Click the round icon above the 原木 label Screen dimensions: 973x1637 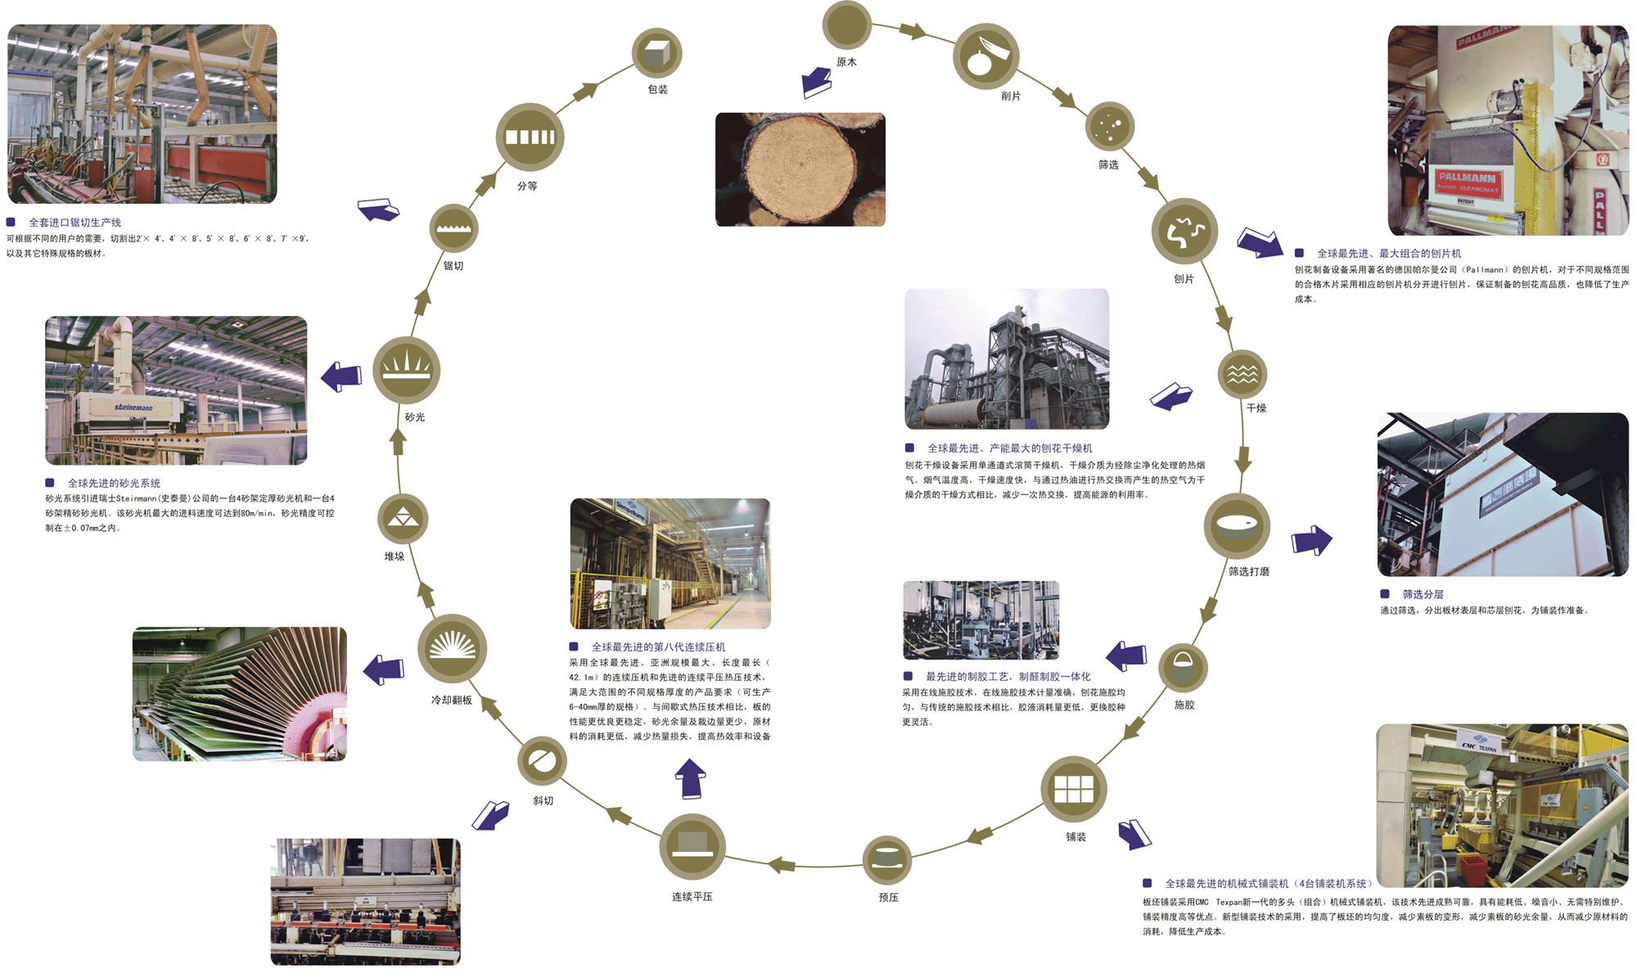click(x=846, y=25)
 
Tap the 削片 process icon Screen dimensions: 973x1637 click(x=985, y=56)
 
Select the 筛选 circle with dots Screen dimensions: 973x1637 click(x=1109, y=126)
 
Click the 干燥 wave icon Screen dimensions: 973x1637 click(x=1242, y=374)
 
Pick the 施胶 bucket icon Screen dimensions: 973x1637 click(x=1184, y=667)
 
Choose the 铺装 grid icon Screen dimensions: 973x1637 click(x=1074, y=789)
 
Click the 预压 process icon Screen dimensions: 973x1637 click(x=887, y=859)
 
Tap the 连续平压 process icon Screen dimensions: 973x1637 click(x=692, y=846)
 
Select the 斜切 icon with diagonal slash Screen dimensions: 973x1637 click(x=542, y=761)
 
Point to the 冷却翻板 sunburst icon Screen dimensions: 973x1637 click(x=452, y=648)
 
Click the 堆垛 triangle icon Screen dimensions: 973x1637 click(x=403, y=519)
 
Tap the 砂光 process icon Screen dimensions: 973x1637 click(x=407, y=369)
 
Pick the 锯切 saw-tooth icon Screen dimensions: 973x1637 click(x=453, y=227)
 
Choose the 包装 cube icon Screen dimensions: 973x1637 click(x=656, y=53)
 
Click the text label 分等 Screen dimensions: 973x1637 click(x=527, y=186)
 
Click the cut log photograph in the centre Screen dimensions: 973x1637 click(x=800, y=169)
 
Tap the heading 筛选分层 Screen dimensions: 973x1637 click(x=1423, y=594)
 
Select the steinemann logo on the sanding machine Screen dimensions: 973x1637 click(x=133, y=407)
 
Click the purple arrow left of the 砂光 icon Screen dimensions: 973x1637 click(x=341, y=376)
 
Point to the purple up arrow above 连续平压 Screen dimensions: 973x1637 click(x=691, y=778)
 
